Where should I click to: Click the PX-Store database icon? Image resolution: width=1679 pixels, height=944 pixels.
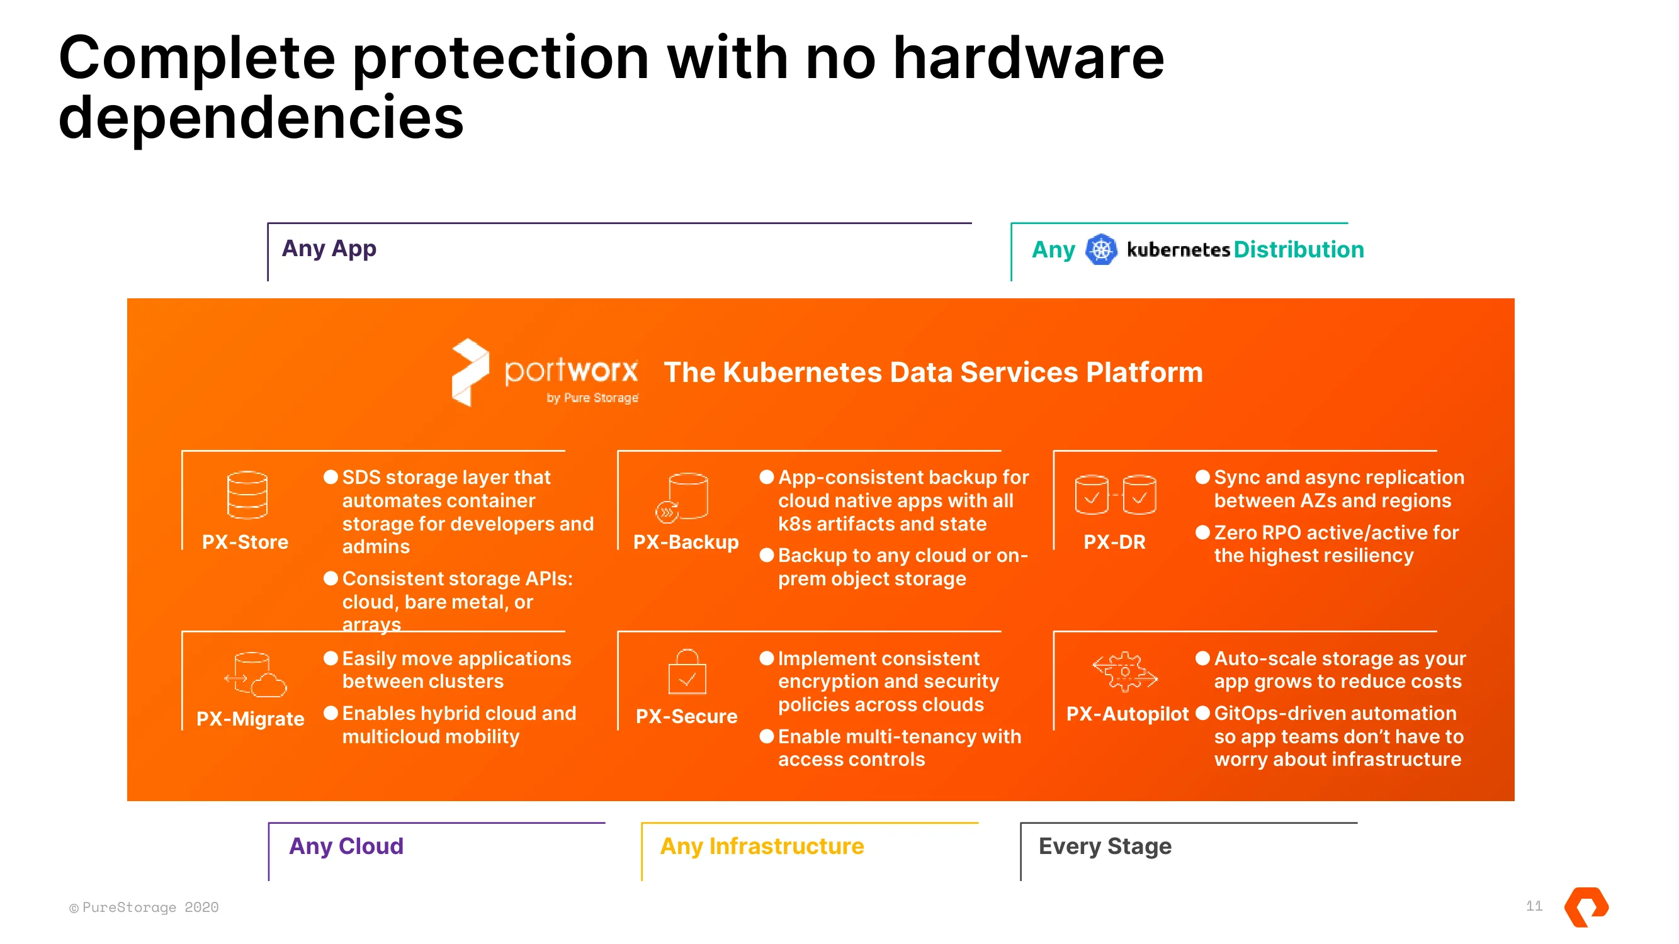tap(247, 495)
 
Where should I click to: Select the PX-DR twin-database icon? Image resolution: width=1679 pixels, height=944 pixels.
tap(1115, 495)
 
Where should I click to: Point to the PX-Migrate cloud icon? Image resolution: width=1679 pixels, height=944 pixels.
tap(255, 674)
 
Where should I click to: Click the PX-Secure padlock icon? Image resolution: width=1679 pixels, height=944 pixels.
tap(687, 671)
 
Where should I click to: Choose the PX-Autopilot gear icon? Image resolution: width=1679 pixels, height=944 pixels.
tap(1125, 671)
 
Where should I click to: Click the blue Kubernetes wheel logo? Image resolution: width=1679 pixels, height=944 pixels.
tap(1101, 249)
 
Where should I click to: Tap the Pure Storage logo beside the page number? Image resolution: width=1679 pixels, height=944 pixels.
tap(1586, 906)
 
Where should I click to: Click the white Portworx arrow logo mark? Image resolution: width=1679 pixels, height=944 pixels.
tap(470, 372)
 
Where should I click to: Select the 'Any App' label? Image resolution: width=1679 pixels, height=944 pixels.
tap(329, 248)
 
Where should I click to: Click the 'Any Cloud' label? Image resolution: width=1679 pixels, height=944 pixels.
tap(346, 846)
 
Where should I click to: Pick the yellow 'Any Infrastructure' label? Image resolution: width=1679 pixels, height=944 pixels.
tap(762, 846)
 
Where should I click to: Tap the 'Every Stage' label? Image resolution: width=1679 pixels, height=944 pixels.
tap(1105, 846)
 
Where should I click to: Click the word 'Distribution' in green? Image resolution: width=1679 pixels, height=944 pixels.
tap(1298, 249)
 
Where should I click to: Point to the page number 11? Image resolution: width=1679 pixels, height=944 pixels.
tap(1534, 906)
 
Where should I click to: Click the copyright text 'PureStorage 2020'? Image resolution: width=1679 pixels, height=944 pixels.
tap(150, 907)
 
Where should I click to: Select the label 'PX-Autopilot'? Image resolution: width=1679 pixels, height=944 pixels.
tap(1127, 714)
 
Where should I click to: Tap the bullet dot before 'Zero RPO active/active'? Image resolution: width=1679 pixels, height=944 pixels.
tap(1202, 532)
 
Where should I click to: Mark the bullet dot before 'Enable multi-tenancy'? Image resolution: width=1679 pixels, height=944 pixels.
tap(767, 736)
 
